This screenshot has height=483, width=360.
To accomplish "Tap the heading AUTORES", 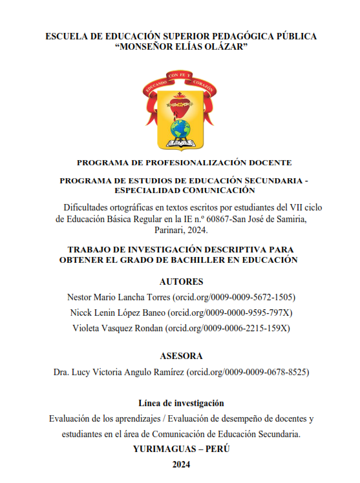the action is click(x=181, y=282).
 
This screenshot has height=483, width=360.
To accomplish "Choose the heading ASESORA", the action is click(x=181, y=356).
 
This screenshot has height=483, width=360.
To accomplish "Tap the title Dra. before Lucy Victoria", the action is click(x=61, y=372).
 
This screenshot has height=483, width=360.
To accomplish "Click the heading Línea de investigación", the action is click(x=181, y=403).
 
